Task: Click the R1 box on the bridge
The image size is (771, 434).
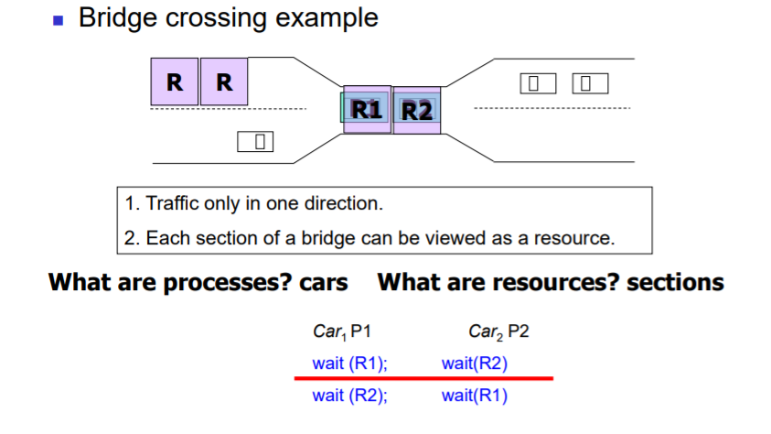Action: (367, 111)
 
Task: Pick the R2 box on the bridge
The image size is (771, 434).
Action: (417, 111)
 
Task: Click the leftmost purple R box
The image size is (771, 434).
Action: (174, 81)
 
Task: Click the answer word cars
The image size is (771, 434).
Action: (324, 282)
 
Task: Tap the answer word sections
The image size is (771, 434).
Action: (675, 282)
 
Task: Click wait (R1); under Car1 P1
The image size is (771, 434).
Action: (350, 363)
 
